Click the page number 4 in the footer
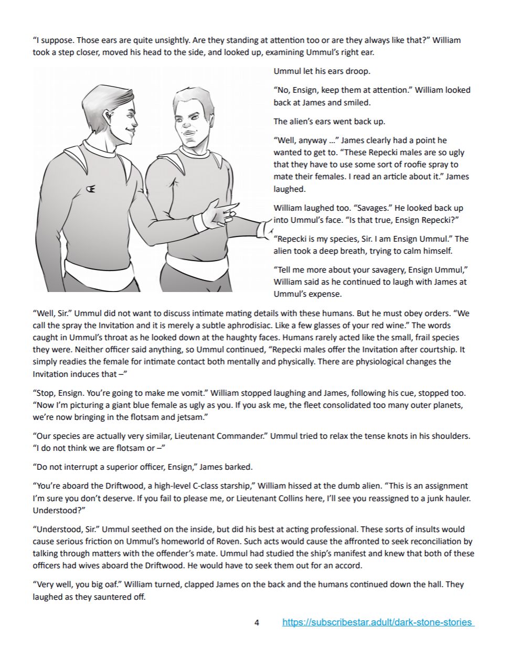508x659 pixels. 257,623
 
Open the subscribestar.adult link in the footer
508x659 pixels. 378,623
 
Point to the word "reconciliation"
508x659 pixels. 428,541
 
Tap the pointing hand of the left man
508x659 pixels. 219,214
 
